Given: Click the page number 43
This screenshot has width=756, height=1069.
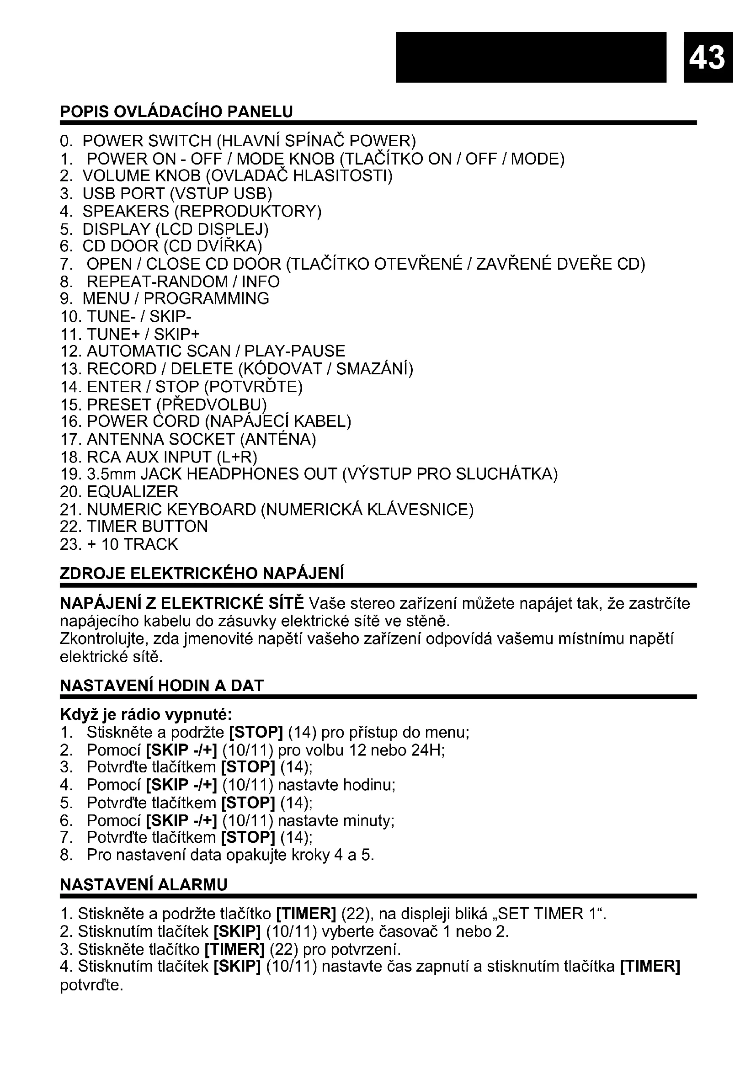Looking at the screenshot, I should point(708,57).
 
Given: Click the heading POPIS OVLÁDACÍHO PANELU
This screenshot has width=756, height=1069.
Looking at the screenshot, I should point(176,112).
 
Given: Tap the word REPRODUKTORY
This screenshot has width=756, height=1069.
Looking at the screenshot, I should point(248,212).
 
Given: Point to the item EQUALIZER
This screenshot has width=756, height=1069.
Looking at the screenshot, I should point(132,492).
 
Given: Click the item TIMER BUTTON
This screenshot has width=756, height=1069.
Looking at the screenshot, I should point(147,527).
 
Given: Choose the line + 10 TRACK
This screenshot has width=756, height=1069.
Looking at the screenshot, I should point(132,544).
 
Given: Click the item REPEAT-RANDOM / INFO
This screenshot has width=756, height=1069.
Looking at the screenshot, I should point(183,282).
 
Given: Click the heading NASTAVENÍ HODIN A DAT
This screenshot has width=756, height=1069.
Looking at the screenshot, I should point(162,686).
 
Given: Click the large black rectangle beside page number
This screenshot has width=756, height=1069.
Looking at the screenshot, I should point(531,56).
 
